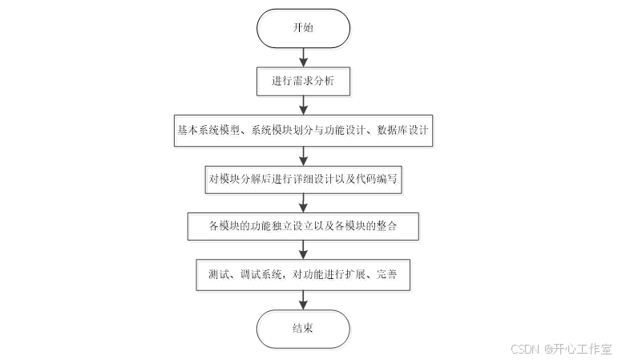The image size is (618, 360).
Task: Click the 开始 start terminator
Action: click(303, 27)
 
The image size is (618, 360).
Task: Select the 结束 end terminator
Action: click(303, 328)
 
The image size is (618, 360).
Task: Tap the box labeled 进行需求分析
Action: click(303, 81)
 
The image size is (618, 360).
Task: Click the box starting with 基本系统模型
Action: click(303, 131)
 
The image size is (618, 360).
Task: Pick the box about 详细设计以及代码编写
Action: click(303, 180)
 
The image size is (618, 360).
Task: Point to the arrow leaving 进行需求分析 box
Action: click(303, 105)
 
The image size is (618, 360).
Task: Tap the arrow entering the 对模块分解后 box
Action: click(303, 156)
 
